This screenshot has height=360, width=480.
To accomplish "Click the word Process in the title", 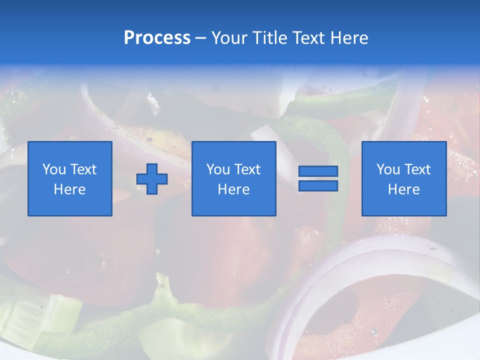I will [x=157, y=38].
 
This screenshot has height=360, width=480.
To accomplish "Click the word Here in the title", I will [x=349, y=38].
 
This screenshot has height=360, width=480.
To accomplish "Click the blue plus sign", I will [x=152, y=178].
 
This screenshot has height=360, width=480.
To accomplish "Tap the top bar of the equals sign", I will [x=318, y=171].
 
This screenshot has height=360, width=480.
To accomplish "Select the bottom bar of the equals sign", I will [x=318, y=185].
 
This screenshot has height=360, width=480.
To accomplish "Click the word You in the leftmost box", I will [x=54, y=169].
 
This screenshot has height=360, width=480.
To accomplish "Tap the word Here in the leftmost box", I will [x=70, y=189].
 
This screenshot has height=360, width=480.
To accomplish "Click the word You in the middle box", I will [x=218, y=169].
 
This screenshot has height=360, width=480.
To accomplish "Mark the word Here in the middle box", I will [x=234, y=189].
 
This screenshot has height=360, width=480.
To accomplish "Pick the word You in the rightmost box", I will [x=388, y=169].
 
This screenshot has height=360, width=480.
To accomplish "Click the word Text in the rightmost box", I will [x=417, y=169].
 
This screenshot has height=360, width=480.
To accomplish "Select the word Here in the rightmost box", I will [x=404, y=189].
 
